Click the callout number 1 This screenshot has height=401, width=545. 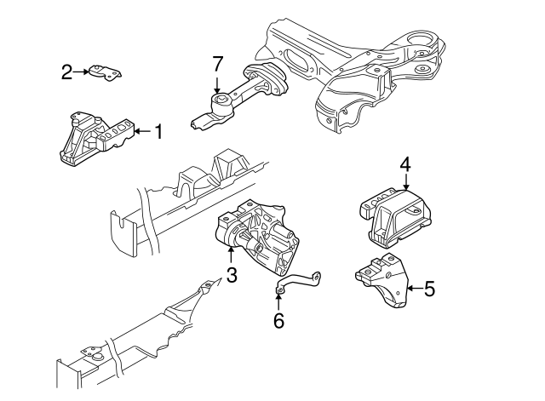(x=158, y=131)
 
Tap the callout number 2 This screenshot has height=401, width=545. (x=66, y=72)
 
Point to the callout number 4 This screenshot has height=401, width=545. (x=405, y=163)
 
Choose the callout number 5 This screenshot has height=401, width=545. (x=429, y=289)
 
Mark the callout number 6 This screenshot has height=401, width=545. (x=279, y=321)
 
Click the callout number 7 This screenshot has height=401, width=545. (x=217, y=63)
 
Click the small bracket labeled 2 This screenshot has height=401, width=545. (x=106, y=74)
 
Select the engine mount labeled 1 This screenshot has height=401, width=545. (x=95, y=136)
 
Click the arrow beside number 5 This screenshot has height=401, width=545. (x=414, y=289)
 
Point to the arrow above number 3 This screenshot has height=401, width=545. (x=231, y=254)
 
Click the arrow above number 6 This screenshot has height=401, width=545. (x=279, y=301)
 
